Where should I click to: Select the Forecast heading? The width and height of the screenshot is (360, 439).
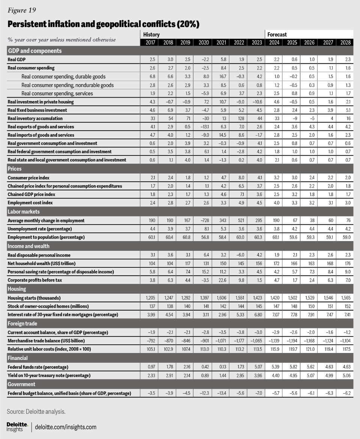[x=277, y=35]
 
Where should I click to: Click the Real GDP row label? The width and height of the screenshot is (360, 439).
[x=18, y=60]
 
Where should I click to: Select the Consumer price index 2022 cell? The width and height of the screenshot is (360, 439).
[x=238, y=178]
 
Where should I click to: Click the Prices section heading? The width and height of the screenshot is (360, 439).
[x=15, y=169]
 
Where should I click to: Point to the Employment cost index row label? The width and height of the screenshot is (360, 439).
[x=30, y=203]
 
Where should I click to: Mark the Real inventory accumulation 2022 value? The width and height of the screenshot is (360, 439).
[x=238, y=119]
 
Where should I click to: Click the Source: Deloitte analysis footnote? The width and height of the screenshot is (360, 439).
[x=36, y=412]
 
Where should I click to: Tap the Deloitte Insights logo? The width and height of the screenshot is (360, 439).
[x=17, y=427]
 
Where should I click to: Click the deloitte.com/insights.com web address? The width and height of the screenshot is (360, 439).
[x=66, y=427]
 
